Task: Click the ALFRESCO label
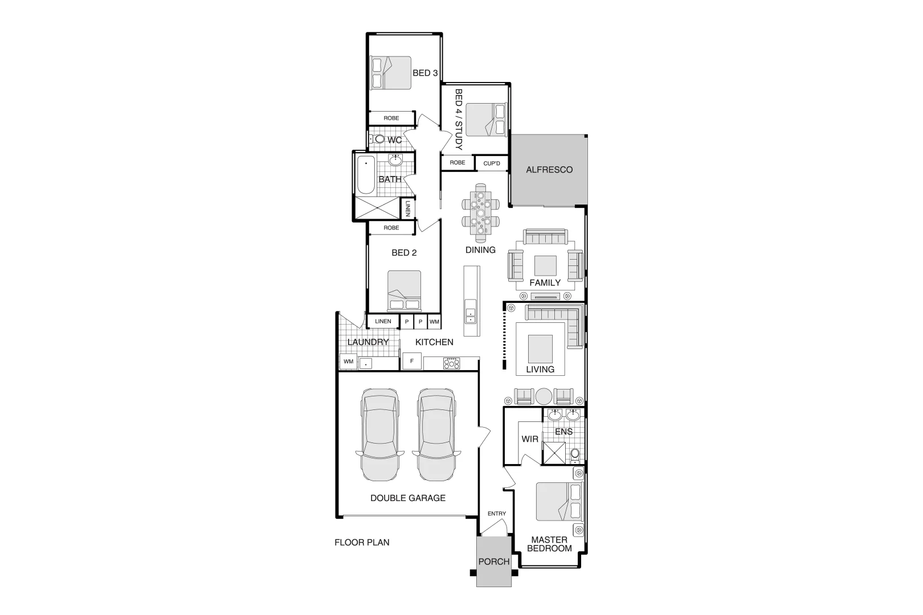tap(549, 170)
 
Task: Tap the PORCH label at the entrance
tap(493, 561)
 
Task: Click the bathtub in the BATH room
tap(365, 174)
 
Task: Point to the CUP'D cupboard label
tap(491, 164)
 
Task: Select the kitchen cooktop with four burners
tap(451, 363)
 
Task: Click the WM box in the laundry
tap(348, 362)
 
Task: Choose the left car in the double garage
tap(378, 434)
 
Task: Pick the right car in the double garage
tap(436, 434)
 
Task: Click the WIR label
tap(530, 439)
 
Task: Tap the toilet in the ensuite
tap(575, 454)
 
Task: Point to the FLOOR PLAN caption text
tap(362, 542)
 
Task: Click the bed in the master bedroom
tap(559, 502)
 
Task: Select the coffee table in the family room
tap(545, 266)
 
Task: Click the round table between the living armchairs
tap(544, 396)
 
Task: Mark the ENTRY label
tap(496, 514)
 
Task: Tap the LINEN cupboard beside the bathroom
tap(408, 208)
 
